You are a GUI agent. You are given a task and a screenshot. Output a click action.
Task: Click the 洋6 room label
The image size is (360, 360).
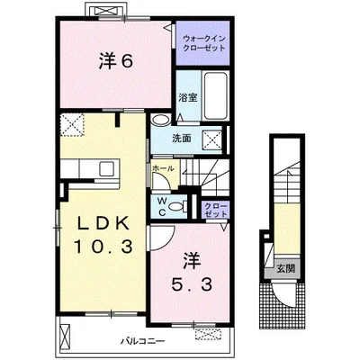(x=116, y=62)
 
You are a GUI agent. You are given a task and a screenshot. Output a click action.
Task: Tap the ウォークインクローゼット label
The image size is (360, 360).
(x=203, y=43)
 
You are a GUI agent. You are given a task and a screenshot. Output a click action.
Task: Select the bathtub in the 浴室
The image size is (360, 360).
(x=216, y=95)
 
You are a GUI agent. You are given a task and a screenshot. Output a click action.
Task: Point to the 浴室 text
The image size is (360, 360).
(x=188, y=97)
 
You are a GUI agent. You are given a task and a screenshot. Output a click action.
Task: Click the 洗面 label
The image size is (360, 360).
(x=182, y=139)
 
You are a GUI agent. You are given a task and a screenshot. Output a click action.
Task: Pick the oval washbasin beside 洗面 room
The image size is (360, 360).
(x=160, y=121)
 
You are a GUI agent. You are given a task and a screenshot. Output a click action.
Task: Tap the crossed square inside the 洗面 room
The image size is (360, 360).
(x=212, y=139)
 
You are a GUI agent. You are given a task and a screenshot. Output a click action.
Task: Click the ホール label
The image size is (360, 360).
(x=163, y=168)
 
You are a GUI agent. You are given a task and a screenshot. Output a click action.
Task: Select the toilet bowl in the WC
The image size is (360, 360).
(x=177, y=207)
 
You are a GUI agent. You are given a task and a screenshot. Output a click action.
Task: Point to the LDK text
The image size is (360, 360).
(x=103, y=223)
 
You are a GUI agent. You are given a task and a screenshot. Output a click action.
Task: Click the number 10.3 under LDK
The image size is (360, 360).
(x=103, y=247)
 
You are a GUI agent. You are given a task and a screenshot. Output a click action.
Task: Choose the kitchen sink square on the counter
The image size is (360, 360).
(x=107, y=169)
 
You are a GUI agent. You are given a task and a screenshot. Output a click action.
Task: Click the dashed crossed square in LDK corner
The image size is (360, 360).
(x=72, y=124)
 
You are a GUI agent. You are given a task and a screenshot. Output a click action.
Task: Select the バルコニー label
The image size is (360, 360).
(x=143, y=341)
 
